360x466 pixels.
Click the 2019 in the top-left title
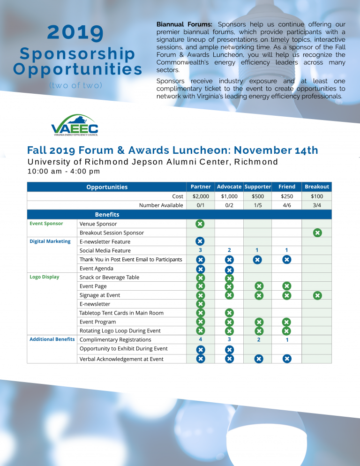76,32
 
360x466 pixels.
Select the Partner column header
200,187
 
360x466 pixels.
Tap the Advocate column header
229,187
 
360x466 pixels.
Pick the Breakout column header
317,187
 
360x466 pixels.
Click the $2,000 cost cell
200,196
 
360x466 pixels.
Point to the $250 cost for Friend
286,196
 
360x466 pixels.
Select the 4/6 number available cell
286,205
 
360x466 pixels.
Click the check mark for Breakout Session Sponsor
317,233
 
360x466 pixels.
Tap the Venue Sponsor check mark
200,224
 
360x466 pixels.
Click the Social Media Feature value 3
200,250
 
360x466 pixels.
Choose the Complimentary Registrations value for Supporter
258,340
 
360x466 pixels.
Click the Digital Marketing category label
50,241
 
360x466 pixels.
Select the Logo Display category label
45,277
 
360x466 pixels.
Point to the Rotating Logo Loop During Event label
120,331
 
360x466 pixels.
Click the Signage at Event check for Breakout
317,295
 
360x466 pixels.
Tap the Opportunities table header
107,187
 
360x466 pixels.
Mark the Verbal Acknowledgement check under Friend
287,359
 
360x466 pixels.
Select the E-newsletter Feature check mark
200,241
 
